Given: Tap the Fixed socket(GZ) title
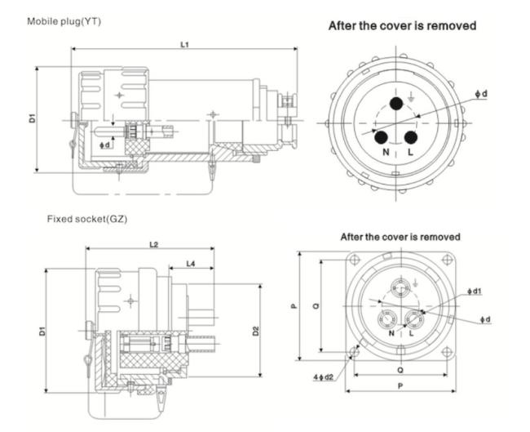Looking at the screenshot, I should (86, 220).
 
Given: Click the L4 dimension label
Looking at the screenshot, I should (190, 264).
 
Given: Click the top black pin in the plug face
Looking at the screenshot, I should (397, 103).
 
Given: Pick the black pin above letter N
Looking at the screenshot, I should (381, 137).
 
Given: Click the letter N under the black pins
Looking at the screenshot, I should (381, 154).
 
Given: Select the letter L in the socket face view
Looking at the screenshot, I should (411, 334).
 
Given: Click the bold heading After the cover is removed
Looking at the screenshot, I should (402, 26).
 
